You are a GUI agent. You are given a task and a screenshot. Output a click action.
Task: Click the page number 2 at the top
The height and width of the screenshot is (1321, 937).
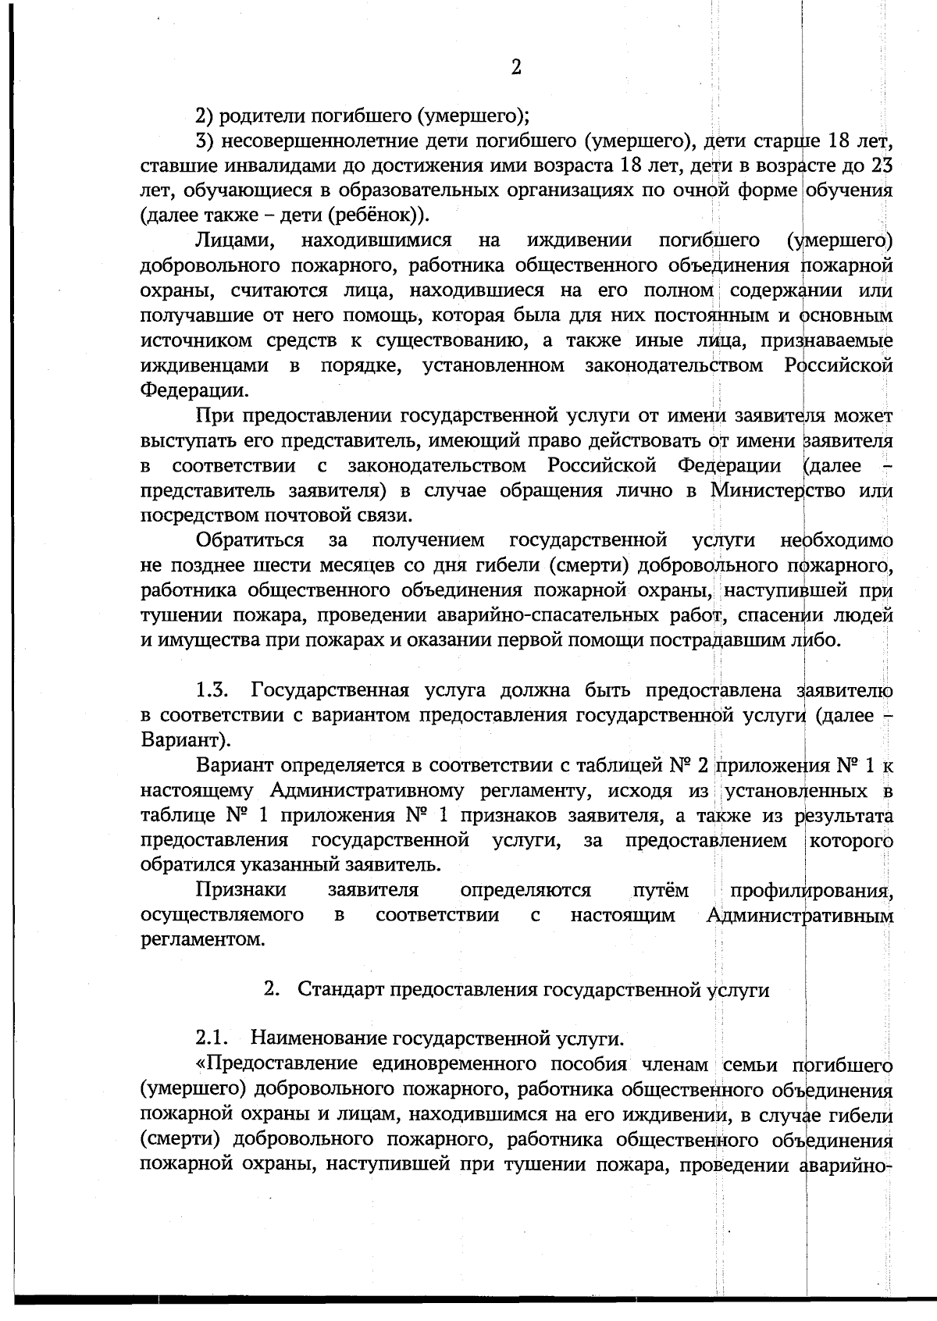pos(515,67)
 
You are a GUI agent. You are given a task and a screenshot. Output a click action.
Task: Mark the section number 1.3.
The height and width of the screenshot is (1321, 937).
pos(212,690)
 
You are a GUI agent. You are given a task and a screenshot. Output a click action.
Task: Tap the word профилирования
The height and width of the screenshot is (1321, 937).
pos(811,890)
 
